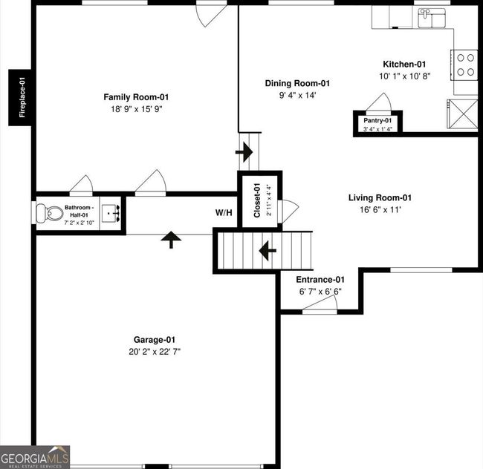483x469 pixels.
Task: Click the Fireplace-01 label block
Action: click(20, 97)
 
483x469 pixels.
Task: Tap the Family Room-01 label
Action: click(136, 97)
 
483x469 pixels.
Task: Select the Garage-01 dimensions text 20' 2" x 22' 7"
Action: click(155, 352)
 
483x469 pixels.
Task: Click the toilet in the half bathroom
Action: click(49, 213)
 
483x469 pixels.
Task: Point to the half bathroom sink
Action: click(110, 212)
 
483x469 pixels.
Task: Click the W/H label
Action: click(224, 212)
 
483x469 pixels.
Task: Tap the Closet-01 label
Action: click(257, 200)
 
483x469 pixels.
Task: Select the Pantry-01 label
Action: click(377, 120)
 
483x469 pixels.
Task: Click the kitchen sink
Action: click(432, 18)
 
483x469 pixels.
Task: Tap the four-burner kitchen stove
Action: click(464, 65)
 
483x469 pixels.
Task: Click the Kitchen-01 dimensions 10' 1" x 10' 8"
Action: click(404, 76)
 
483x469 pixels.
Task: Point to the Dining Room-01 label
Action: click(297, 83)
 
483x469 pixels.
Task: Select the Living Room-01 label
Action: click(380, 197)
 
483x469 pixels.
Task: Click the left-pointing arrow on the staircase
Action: click(268, 250)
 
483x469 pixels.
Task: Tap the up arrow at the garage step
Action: click(171, 240)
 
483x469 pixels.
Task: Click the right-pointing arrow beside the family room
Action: click(244, 152)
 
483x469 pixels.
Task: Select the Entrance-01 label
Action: click(320, 280)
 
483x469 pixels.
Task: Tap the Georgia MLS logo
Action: click(35, 457)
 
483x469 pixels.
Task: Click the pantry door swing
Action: click(378, 101)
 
